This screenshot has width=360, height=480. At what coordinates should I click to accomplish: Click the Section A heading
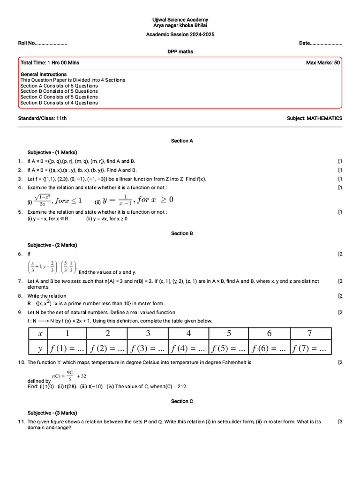point(182,141)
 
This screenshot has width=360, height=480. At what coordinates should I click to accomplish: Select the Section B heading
point(182,233)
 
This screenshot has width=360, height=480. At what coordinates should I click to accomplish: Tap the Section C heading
point(182,401)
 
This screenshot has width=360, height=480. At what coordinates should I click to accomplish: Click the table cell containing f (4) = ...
point(187,349)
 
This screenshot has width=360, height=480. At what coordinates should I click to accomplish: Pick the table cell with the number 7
point(309,333)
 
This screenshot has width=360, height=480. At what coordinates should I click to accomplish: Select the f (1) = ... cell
point(67,349)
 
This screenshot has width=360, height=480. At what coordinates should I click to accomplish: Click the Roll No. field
point(43,43)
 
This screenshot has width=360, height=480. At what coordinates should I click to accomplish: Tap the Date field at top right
point(320,43)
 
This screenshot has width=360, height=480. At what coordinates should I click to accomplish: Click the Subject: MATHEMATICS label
point(315,118)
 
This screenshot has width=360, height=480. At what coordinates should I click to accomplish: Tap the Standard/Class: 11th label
point(42,118)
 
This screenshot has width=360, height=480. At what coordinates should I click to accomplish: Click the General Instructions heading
point(44,74)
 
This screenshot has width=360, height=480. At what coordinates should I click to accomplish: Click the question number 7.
point(20,281)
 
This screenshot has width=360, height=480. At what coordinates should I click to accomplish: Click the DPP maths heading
point(180,52)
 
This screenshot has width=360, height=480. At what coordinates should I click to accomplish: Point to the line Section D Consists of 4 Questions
point(59,103)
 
